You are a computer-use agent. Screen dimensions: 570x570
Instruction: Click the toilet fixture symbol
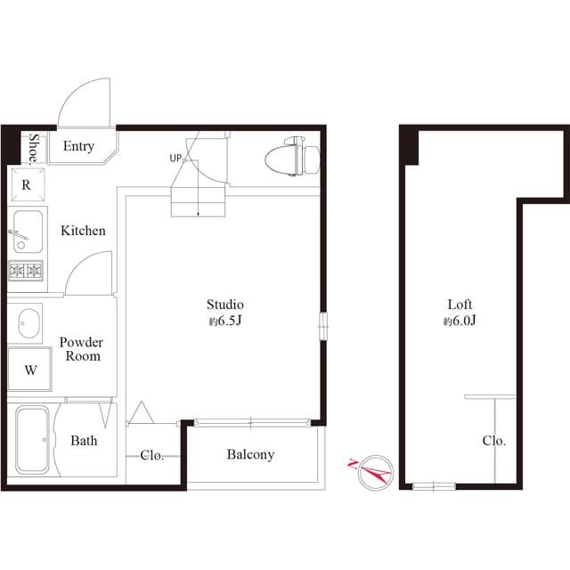tap(293, 157)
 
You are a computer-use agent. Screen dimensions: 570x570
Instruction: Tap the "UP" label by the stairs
tap(175, 159)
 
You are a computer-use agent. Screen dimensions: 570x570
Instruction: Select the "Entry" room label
tap(78, 146)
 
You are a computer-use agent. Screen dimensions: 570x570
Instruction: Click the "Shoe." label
tap(34, 149)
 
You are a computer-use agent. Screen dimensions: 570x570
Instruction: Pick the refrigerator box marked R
tap(28, 184)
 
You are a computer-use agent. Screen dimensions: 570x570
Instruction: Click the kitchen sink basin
tap(28, 232)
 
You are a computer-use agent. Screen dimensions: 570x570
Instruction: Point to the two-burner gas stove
tap(26, 271)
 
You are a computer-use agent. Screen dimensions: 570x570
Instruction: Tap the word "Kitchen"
tap(83, 231)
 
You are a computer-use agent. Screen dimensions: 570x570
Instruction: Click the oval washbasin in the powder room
tap(28, 323)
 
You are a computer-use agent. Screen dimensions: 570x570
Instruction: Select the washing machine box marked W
tap(29, 370)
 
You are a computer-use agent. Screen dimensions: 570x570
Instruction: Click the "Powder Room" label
tap(81, 349)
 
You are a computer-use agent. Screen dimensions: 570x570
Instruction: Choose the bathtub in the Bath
tap(32, 440)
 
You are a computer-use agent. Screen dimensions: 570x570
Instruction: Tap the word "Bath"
tap(84, 441)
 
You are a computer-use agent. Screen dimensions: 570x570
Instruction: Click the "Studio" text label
tap(225, 305)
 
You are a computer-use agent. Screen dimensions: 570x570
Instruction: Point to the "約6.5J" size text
tap(225, 321)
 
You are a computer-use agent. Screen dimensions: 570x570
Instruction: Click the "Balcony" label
tap(250, 454)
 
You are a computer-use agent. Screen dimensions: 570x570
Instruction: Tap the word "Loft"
tap(460, 305)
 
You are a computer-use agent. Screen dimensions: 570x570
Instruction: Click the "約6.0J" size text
tap(460, 321)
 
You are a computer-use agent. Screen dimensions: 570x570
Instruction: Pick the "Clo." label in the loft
tap(494, 441)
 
